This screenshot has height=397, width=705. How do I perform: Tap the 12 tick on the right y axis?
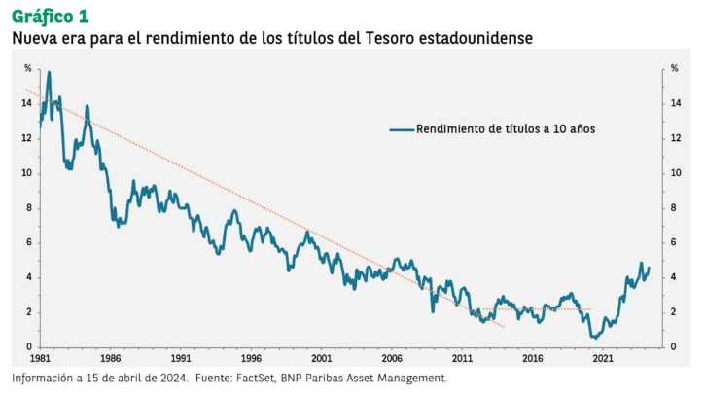(x=674, y=138)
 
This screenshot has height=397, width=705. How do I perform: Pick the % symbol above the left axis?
(x=28, y=68)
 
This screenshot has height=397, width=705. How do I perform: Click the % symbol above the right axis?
(x=673, y=68)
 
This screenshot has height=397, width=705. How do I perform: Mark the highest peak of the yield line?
(x=49, y=72)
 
